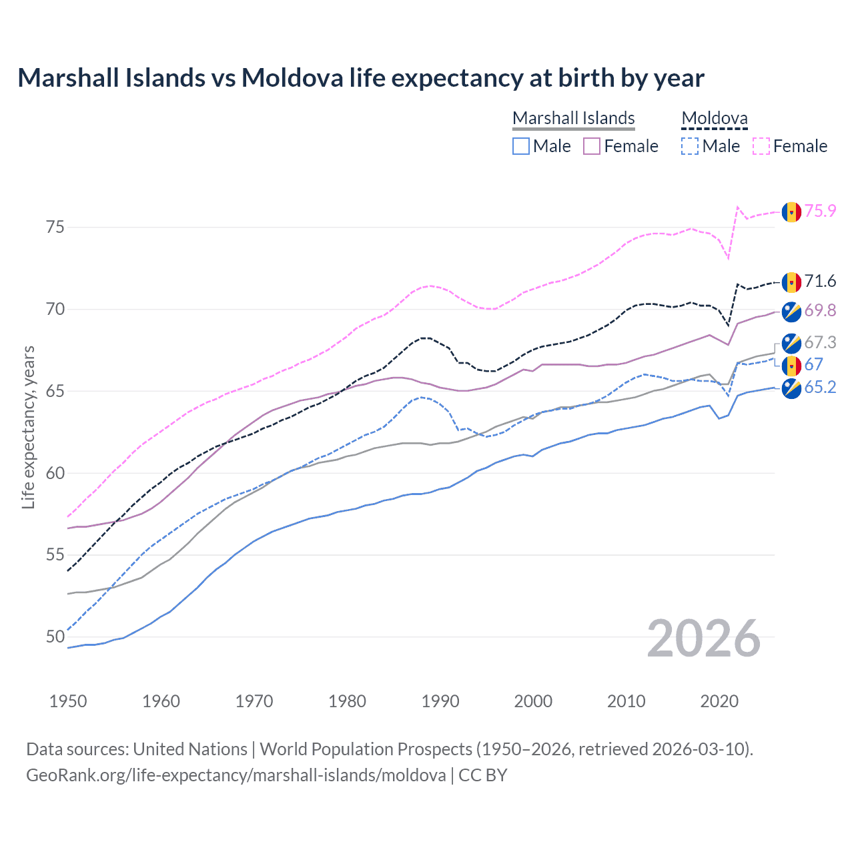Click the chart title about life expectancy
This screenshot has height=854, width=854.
(360, 78)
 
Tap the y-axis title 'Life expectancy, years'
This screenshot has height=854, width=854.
(28, 427)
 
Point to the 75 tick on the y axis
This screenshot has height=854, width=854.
(55, 228)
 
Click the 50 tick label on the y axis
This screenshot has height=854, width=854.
(55, 637)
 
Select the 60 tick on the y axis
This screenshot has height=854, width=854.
(55, 473)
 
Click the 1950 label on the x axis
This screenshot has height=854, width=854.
(68, 701)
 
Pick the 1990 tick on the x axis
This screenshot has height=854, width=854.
(440, 701)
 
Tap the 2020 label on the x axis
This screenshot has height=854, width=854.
(719, 701)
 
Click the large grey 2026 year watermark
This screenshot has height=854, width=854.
(703, 638)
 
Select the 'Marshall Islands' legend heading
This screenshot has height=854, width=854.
(573, 118)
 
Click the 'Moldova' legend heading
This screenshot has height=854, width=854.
(714, 118)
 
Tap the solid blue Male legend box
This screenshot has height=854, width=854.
(521, 146)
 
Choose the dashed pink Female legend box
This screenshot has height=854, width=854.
(761, 146)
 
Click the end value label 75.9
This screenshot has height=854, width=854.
(820, 211)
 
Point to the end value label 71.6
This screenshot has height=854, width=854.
(820, 282)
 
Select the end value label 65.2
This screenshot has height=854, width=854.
(820, 388)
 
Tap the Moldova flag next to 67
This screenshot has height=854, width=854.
(791, 366)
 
